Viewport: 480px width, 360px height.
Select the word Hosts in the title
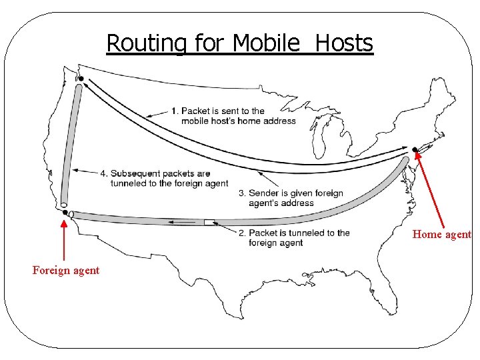(x=344, y=43)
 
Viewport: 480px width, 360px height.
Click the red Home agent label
(x=441, y=235)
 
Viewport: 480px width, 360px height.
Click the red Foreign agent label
(x=66, y=270)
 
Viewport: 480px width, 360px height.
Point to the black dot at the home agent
(x=415, y=149)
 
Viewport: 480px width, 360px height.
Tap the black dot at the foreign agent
(x=65, y=213)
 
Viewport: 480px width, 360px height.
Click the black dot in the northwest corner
(x=81, y=79)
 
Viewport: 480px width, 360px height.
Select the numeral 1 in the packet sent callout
(x=174, y=111)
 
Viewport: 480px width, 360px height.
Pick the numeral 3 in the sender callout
(x=241, y=193)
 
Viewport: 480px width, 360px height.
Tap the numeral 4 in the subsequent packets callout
(x=104, y=173)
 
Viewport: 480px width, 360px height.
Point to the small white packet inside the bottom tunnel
(x=209, y=221)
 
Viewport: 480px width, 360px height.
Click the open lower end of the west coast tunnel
(x=63, y=204)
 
